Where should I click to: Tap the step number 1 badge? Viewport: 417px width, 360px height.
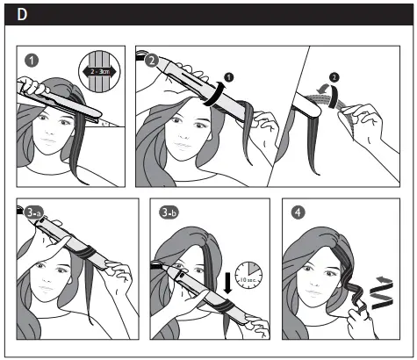tap(32, 61)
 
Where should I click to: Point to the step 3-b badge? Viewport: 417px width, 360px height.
tap(170, 212)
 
